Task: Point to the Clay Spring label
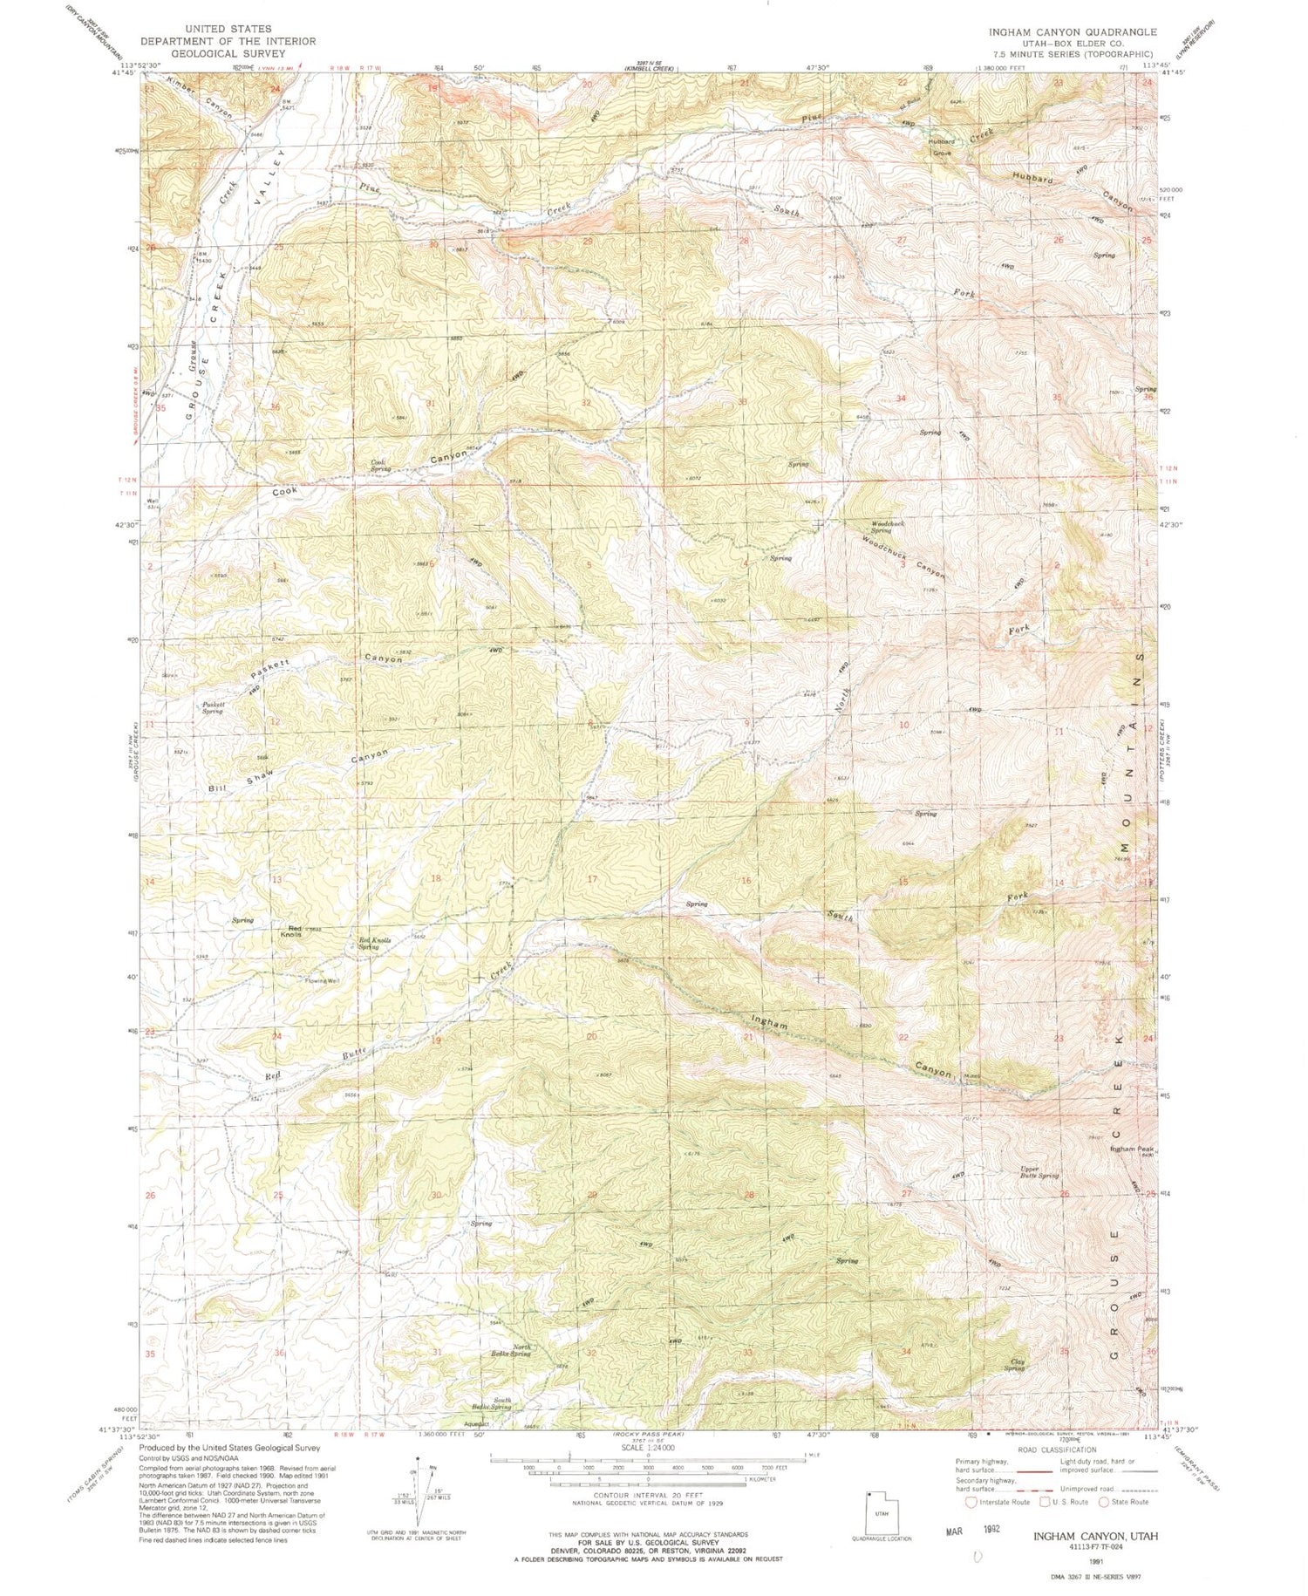click(1014, 1364)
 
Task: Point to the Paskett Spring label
click(213, 707)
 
